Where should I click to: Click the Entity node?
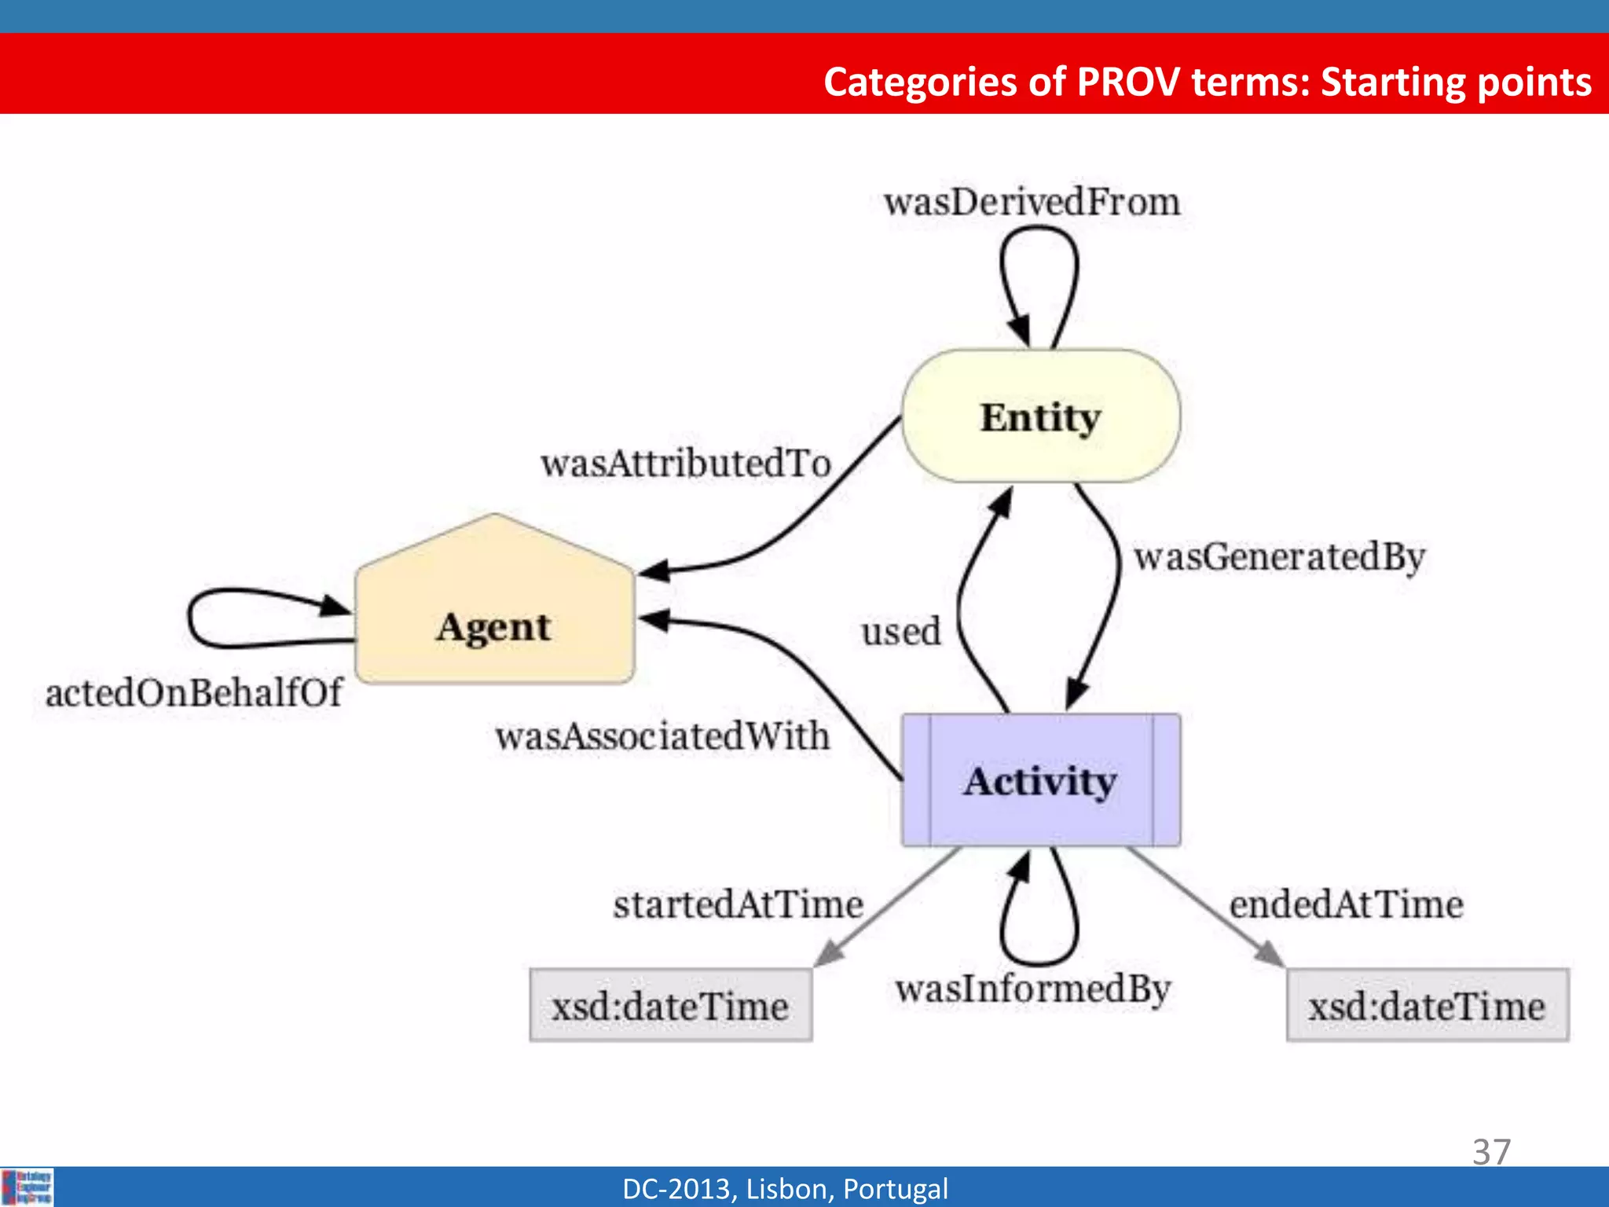pyautogui.click(x=1040, y=416)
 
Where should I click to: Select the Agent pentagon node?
pyautogui.click(x=494, y=621)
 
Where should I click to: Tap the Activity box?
pyautogui.click(x=1040, y=780)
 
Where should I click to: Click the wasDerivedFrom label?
pyautogui.click(x=1032, y=202)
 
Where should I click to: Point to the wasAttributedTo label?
pyautogui.click(x=685, y=464)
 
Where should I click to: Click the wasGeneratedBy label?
pyautogui.click(x=1279, y=557)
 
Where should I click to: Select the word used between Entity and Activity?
pyautogui.click(x=900, y=632)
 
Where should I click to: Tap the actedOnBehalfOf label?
pyautogui.click(x=193, y=693)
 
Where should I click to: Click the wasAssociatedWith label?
pyautogui.click(x=662, y=736)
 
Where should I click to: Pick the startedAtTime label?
pyautogui.click(x=738, y=904)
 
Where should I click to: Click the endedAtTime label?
pyautogui.click(x=1346, y=904)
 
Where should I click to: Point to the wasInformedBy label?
pyautogui.click(x=1032, y=989)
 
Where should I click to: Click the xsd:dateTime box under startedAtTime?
pyautogui.click(x=670, y=1006)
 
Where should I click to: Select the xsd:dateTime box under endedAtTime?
pyautogui.click(x=1427, y=1006)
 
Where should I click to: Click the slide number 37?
pyautogui.click(x=1491, y=1152)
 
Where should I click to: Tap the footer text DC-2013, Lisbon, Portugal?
pyautogui.click(x=785, y=1189)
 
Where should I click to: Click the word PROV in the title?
pyautogui.click(x=1128, y=82)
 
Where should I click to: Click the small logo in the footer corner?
pyautogui.click(x=27, y=1187)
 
